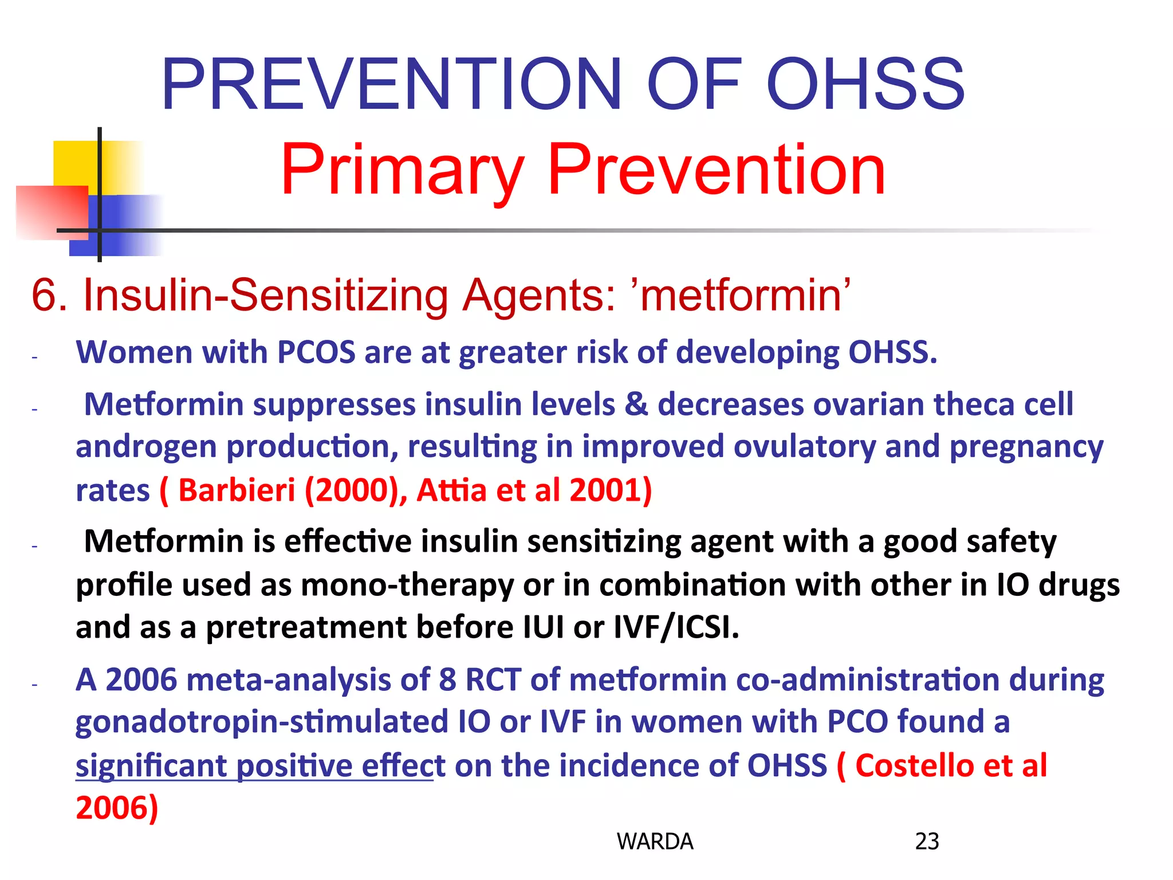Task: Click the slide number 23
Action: coord(927,841)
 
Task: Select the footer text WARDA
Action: coord(655,841)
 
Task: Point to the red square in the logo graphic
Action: coord(52,212)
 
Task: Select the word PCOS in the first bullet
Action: coord(316,352)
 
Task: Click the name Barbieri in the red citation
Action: coord(237,490)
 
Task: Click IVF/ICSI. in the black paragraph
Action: coord(676,627)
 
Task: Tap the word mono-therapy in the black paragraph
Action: coord(407,585)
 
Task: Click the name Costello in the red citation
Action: coord(914,765)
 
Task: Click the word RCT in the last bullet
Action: coord(493,680)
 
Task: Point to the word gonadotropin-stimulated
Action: coord(262,722)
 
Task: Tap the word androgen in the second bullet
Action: coord(146,447)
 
